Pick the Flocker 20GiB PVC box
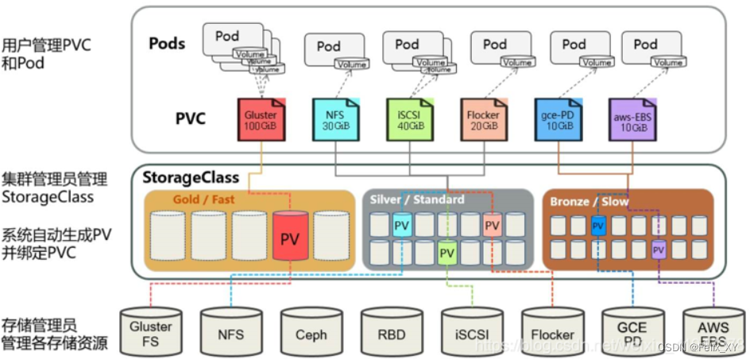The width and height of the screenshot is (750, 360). point(483,119)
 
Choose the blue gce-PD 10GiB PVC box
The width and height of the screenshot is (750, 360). point(559,119)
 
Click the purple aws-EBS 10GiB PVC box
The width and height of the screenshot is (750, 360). point(632,119)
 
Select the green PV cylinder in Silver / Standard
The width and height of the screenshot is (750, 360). point(447,253)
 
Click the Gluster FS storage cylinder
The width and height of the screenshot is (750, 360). point(151,331)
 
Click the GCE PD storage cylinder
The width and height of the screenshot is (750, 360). point(632,331)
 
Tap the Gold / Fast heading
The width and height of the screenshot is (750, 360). point(203,199)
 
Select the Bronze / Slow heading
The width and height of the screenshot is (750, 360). point(589,202)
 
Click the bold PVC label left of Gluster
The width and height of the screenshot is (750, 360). point(191,119)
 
